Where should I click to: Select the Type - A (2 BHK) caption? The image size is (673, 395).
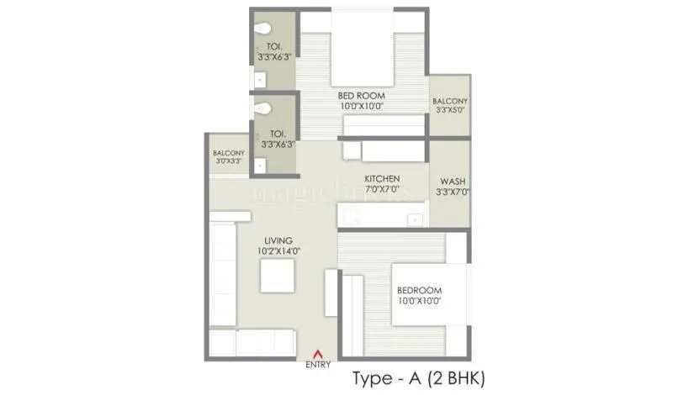tap(420, 376)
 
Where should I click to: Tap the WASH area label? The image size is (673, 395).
tap(453, 182)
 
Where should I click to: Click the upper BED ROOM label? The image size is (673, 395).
tap(361, 96)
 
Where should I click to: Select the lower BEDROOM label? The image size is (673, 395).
tap(420, 291)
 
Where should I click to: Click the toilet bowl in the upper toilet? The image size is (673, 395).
tap(262, 25)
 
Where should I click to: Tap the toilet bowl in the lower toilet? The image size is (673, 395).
tap(262, 108)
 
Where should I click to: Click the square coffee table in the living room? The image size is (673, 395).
tap(277, 276)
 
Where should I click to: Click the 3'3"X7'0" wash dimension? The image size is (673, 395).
tap(453, 192)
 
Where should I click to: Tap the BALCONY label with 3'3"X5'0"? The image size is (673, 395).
tap(449, 102)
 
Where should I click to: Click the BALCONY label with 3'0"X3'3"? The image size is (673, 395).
tap(228, 153)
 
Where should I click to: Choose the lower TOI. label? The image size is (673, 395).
tap(277, 133)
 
